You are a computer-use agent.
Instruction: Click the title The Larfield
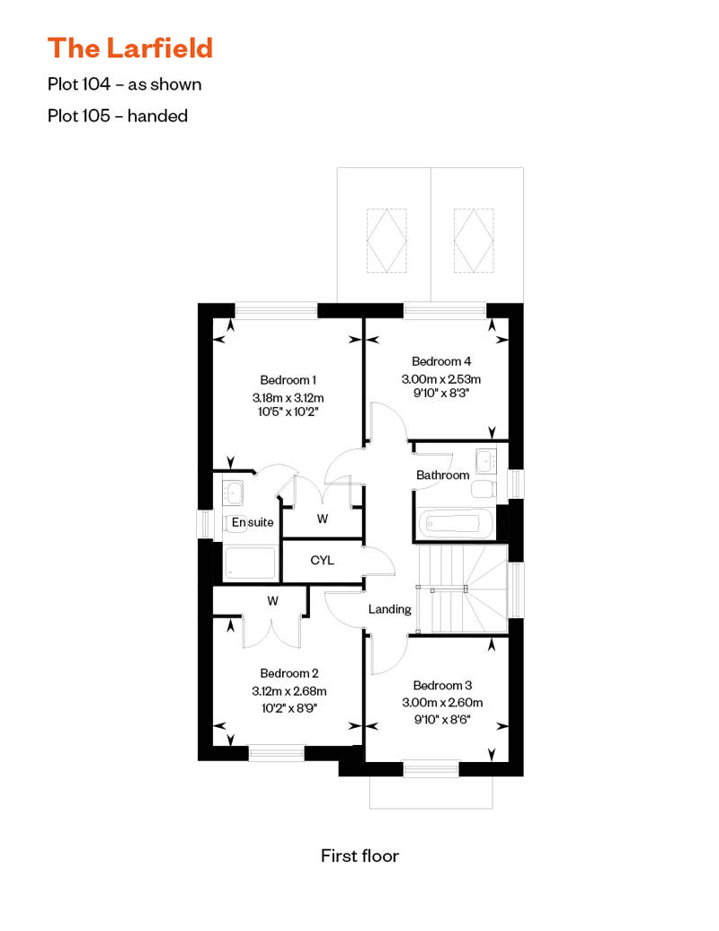pyautogui.click(x=130, y=47)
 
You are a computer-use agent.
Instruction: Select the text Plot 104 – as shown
pyautogui.click(x=125, y=84)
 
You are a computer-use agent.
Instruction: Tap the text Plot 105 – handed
pyautogui.click(x=118, y=115)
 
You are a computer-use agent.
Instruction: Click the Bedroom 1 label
pyautogui.click(x=288, y=379)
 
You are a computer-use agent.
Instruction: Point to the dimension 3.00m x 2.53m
pyautogui.click(x=441, y=378)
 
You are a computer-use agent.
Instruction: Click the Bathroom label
pyautogui.click(x=443, y=474)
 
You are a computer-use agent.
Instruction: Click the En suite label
pyautogui.click(x=253, y=522)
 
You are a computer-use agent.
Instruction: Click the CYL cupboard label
pyautogui.click(x=322, y=561)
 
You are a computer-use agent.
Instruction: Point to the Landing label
pyautogui.click(x=390, y=609)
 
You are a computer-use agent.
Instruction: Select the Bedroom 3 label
pyautogui.click(x=442, y=685)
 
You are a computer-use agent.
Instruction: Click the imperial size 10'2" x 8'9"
pyautogui.click(x=288, y=707)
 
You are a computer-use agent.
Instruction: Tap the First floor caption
pyautogui.click(x=359, y=856)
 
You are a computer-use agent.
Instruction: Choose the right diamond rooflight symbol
pyautogui.click(x=474, y=239)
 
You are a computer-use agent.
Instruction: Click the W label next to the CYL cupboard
pyautogui.click(x=322, y=519)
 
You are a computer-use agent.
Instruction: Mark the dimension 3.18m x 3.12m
pyautogui.click(x=288, y=396)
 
